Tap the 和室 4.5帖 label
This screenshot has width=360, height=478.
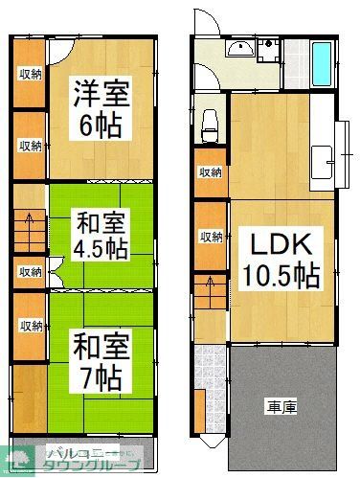point(99,236)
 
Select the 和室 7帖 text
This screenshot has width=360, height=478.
point(98,361)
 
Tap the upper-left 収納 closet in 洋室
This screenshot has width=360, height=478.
point(30,74)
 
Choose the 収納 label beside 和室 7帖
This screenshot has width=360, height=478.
point(30,326)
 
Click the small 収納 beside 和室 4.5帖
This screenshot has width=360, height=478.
point(30,272)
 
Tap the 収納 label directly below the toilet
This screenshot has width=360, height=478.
point(210,172)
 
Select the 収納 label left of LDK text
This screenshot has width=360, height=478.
point(210,237)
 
